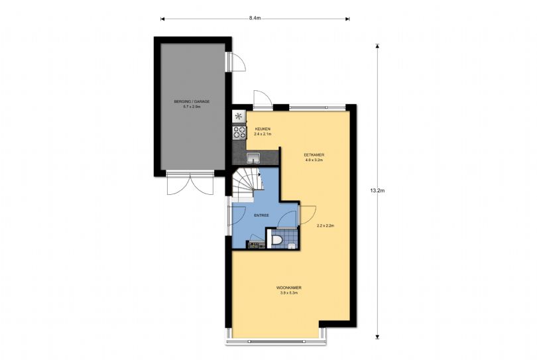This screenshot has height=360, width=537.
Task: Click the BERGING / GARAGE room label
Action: [x=192, y=101]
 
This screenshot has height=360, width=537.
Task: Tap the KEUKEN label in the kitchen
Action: [x=263, y=129]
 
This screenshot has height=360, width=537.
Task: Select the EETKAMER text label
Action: [x=314, y=155]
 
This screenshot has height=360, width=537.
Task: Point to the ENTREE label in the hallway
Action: [x=261, y=215]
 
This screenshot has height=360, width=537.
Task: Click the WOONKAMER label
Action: [x=288, y=288]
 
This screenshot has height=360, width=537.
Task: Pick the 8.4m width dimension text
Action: [x=255, y=19]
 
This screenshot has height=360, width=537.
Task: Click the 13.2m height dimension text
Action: [x=377, y=191]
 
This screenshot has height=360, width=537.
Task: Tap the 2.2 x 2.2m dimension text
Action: [x=326, y=225]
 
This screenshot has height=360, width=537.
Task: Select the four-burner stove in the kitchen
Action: [x=239, y=133]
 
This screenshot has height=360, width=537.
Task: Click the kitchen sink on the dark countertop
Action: [x=253, y=158]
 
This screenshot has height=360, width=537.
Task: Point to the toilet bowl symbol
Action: [x=276, y=240]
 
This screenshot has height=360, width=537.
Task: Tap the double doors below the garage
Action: [x=190, y=184]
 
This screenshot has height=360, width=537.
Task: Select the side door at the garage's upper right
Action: [x=235, y=62]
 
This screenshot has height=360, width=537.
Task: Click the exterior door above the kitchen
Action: [x=263, y=99]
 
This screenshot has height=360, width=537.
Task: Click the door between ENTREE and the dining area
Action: [x=307, y=215]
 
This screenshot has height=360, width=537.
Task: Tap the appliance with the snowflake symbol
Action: [x=239, y=116]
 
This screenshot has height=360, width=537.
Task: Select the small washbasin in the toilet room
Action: [x=292, y=245]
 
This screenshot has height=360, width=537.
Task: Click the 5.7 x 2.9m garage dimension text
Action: [x=192, y=107]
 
